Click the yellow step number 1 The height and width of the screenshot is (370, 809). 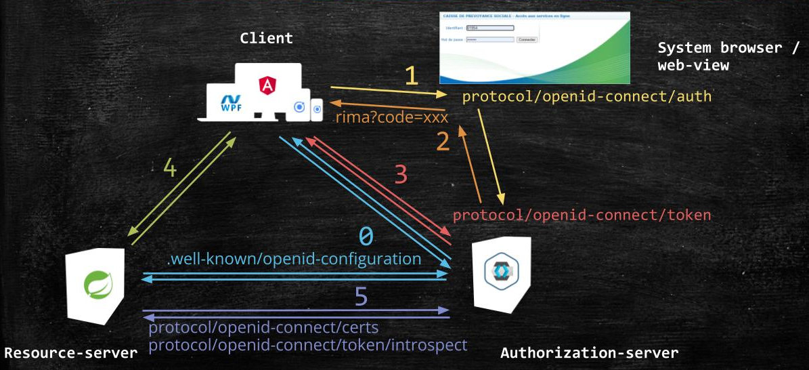click(x=411, y=75)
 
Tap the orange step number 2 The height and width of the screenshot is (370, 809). click(x=443, y=142)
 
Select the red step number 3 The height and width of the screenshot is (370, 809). click(x=401, y=174)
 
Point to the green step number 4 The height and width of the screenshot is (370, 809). click(x=170, y=167)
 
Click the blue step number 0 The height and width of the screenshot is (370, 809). click(x=366, y=236)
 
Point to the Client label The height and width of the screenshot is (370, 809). click(x=267, y=38)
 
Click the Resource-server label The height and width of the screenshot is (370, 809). click(x=70, y=352)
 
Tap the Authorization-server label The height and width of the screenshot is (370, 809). click(x=589, y=352)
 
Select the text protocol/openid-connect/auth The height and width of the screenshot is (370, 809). click(x=587, y=97)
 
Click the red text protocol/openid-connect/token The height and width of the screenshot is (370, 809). click(x=582, y=215)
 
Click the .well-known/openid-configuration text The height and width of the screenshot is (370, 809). click(x=294, y=259)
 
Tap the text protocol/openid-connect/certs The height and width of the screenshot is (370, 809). click(x=263, y=328)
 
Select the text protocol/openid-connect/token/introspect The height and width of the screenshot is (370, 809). click(x=307, y=345)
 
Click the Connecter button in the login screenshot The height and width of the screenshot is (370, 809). click(x=527, y=40)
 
